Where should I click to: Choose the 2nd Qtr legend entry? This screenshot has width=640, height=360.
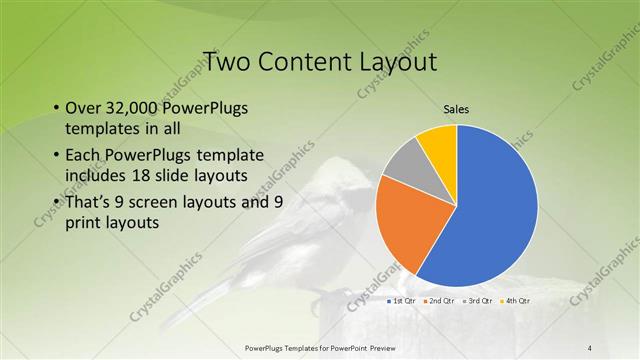(x=440, y=300)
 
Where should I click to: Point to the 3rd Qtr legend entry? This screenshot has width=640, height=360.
(x=477, y=300)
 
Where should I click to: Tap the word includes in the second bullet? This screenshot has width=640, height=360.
(x=96, y=176)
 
